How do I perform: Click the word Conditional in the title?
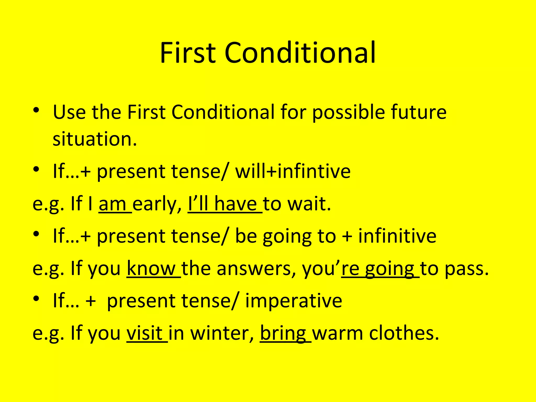300,53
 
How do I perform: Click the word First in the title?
188,53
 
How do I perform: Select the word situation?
95,139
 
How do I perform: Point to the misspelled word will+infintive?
293,171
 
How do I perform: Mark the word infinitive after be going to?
397,236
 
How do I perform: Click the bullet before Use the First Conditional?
36,110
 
